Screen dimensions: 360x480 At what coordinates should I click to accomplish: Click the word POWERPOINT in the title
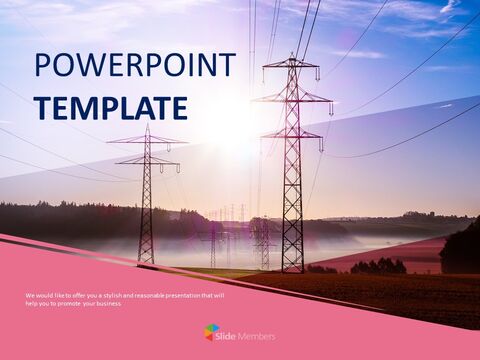pos(135,66)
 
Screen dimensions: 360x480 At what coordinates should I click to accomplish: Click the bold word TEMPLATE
pos(110,107)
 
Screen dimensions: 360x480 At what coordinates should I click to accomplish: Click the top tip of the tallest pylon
pos(292,57)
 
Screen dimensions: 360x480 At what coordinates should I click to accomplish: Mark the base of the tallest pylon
pos(292,271)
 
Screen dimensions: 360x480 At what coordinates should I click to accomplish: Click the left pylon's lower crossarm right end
pos(177,161)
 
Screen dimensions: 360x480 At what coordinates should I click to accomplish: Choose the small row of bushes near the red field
pos(378,266)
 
